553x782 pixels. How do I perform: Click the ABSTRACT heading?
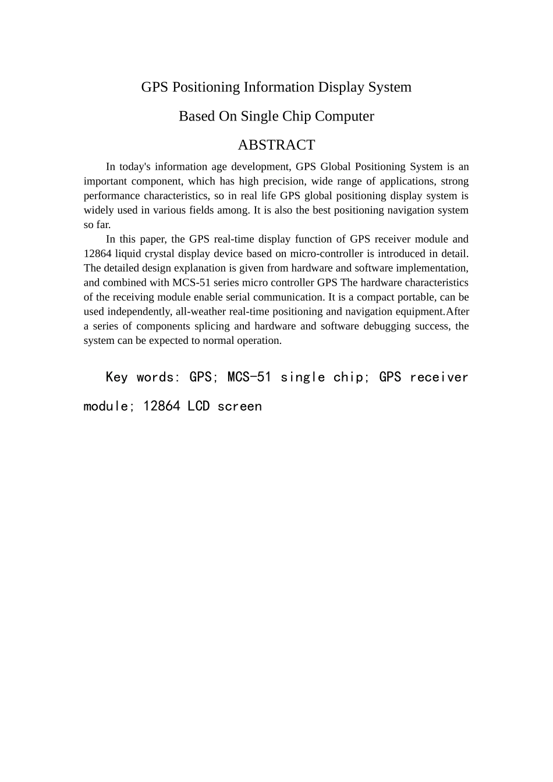point(276,145)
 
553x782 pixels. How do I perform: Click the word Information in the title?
point(279,87)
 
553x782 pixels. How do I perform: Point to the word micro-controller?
point(327,254)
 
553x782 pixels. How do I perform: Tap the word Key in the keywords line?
point(116,378)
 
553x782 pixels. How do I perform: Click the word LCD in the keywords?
point(198,407)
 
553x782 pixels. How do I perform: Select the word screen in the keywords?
point(239,407)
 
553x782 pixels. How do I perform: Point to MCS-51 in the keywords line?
point(249,378)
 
